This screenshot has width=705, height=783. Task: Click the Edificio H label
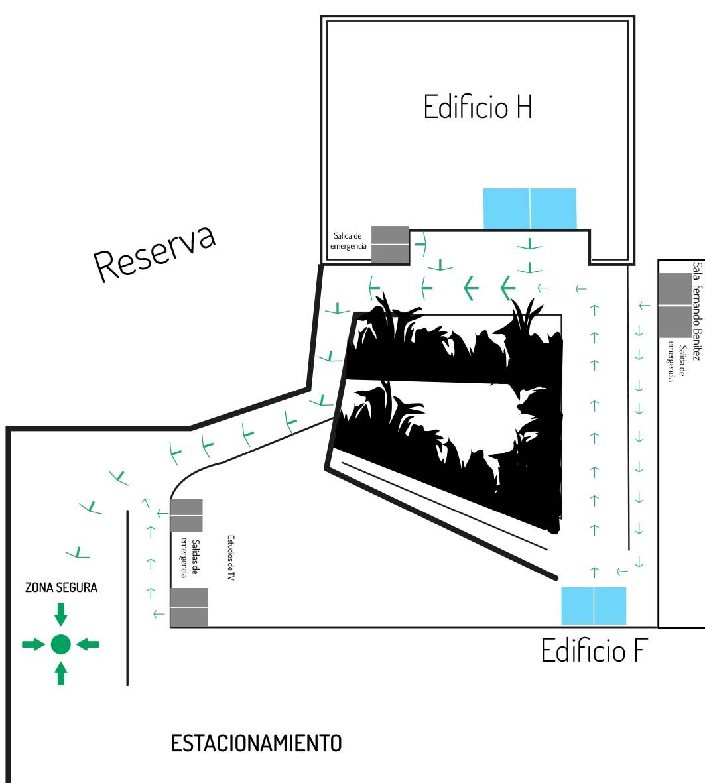click(478, 107)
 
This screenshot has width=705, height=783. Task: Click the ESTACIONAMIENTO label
click(257, 743)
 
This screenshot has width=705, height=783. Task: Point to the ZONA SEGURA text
click(61, 587)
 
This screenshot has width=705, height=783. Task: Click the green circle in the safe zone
click(60, 644)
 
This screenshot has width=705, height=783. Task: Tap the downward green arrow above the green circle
click(60, 615)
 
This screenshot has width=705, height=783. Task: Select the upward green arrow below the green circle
click(60, 673)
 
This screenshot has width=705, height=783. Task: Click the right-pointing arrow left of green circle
click(32, 644)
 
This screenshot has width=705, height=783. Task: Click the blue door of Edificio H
click(529, 208)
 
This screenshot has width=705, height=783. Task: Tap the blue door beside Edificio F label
click(594, 605)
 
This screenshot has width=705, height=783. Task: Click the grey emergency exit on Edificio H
click(390, 244)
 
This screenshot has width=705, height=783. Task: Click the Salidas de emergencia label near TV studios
click(190, 559)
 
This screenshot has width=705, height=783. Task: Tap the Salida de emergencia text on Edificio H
click(349, 240)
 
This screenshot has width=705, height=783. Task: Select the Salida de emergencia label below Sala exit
click(676, 361)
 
